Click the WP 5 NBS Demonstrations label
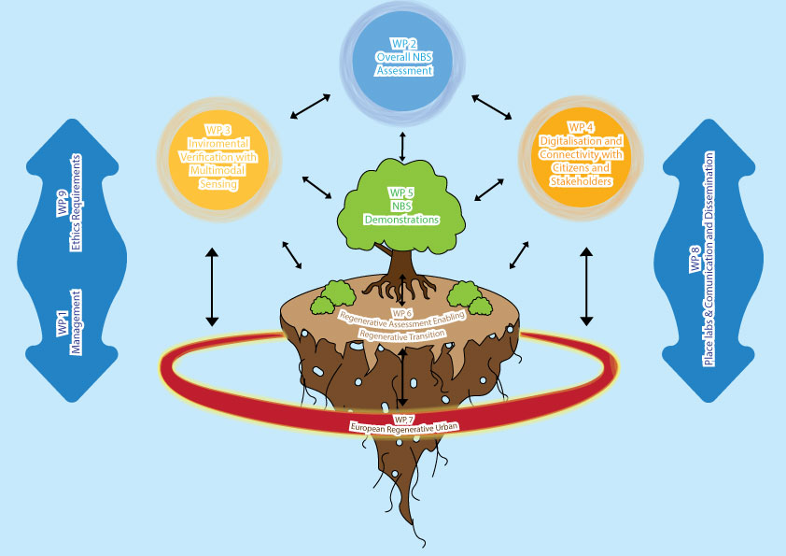click(401, 207)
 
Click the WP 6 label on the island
click(402, 312)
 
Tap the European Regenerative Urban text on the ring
click(403, 427)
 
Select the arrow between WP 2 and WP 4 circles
click(492, 105)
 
